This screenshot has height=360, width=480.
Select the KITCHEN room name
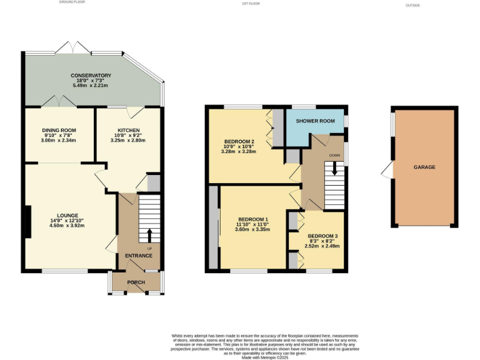[127, 130]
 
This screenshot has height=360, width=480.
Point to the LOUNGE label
[67, 215]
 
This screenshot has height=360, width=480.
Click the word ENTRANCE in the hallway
[138, 256]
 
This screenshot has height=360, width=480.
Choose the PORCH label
[136, 282]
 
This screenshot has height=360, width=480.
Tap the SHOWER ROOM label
[315, 121]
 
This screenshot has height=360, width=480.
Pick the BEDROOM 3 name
[322, 236]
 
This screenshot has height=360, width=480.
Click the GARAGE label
[424, 167]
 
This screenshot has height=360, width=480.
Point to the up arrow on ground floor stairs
[150, 236]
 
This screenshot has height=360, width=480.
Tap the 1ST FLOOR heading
[250, 3]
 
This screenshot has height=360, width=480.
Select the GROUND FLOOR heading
[72, 2]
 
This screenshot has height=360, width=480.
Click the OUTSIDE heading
[413, 6]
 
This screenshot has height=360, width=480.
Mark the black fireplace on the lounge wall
[26, 222]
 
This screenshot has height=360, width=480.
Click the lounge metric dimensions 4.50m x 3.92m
[67, 226]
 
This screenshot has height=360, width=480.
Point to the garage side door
[388, 168]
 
